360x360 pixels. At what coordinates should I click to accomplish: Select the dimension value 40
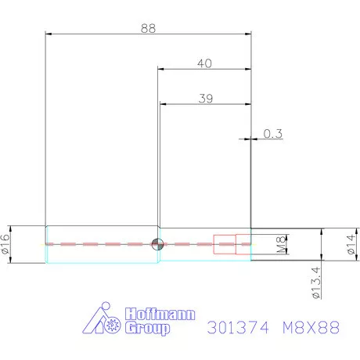(x=206, y=63)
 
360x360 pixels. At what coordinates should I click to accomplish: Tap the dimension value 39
(x=206, y=99)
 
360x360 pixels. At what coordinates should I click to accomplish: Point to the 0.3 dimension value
(x=272, y=134)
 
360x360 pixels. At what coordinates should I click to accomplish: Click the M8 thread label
(x=280, y=244)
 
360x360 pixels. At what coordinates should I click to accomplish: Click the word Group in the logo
(x=147, y=329)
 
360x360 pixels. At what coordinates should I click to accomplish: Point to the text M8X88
(x=311, y=329)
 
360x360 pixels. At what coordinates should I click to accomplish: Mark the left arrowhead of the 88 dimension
(x=49, y=34)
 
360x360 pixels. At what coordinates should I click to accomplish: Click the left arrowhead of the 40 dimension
(x=161, y=70)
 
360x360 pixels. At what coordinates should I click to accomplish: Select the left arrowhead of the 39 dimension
(x=163, y=105)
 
